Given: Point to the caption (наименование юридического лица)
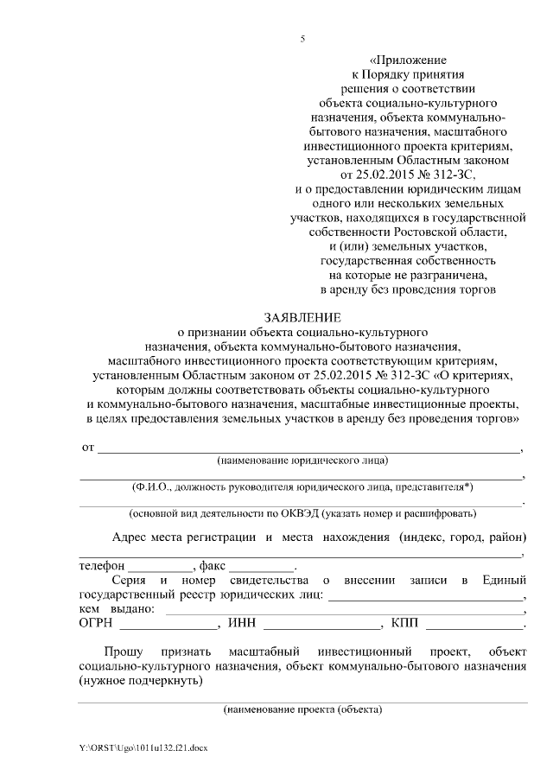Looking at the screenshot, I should point(302,460).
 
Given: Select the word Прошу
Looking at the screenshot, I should point(122,650).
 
